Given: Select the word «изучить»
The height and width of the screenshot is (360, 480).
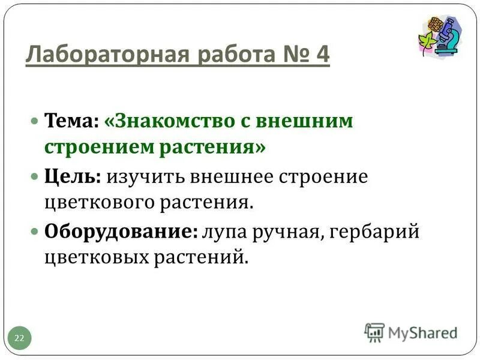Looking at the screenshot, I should coord(147,176).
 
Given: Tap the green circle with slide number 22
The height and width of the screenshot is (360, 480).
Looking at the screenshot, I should coord(19,338).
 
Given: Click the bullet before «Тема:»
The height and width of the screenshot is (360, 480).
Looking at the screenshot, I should coord(35,121).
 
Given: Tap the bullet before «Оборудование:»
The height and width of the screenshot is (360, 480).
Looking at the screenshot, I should coord(35,232).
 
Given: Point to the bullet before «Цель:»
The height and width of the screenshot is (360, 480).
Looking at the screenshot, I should coord(35,176).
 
